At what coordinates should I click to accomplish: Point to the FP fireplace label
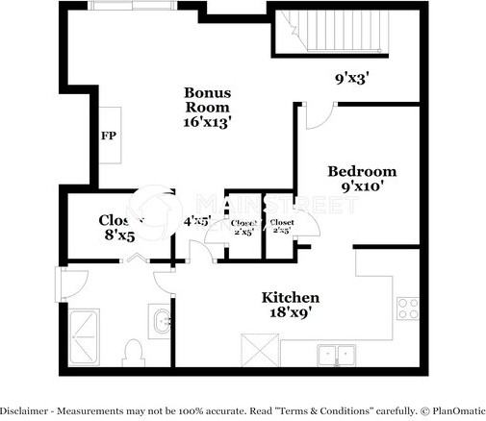pos(108,135)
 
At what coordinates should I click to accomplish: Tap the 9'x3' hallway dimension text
pos(352,78)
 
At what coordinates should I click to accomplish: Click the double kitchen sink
pos(334,355)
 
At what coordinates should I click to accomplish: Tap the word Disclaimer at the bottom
pos(27,410)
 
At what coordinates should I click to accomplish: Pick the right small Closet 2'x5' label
pos(282,227)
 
